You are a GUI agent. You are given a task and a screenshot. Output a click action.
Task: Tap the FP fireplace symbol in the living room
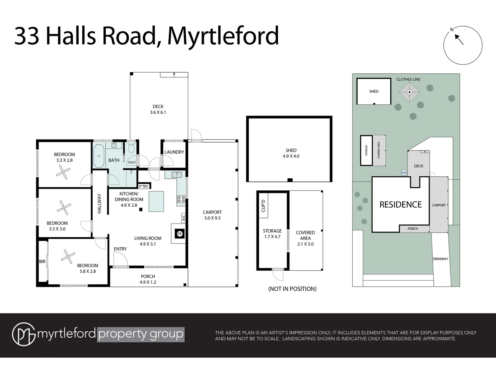click(x=179, y=234)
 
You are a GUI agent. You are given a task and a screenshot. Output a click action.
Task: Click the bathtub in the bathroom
click(x=99, y=156)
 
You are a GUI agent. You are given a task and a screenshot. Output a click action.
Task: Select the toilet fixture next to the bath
click(x=131, y=149)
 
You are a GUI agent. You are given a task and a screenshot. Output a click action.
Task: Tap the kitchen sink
click(x=177, y=175)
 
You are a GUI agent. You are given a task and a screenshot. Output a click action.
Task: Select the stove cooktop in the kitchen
click(x=181, y=199)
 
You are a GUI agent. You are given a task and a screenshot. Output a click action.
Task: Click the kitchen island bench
click(x=156, y=201)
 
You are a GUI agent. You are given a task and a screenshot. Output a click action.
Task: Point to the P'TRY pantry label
click(x=144, y=186)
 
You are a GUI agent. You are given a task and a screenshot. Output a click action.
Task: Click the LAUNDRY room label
click(x=174, y=152)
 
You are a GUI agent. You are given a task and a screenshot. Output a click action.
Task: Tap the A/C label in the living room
click(x=183, y=217)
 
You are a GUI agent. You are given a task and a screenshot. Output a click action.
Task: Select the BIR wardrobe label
click(x=42, y=262)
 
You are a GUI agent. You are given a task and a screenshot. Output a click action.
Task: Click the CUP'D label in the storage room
click(x=263, y=206)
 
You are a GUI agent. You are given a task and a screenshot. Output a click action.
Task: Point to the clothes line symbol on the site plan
click(x=409, y=92)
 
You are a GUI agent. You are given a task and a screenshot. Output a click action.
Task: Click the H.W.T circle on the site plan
click(x=404, y=173)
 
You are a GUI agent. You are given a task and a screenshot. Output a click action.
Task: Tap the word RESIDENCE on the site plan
click(x=400, y=205)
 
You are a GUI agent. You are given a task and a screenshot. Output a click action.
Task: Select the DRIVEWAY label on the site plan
click(x=441, y=259)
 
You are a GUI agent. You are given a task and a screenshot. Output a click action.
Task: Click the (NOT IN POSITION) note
click(x=292, y=289)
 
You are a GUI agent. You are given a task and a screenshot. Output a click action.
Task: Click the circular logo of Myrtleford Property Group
click(x=23, y=334)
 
